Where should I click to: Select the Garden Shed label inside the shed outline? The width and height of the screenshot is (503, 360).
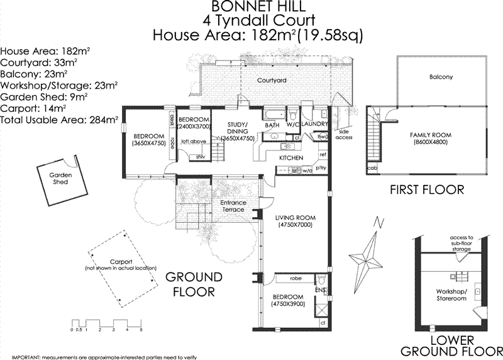pos(60,178)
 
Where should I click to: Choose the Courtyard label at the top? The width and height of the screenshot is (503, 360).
pos(272,81)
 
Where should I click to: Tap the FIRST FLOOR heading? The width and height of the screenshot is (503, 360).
pos(427,189)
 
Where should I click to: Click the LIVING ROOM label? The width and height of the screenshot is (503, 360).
pos(295,221)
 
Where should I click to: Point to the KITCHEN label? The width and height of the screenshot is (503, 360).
pos(292,157)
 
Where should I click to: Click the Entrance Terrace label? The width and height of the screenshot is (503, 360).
pos(233,206)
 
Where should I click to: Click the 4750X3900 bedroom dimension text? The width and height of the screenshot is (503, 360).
pos(287,304)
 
